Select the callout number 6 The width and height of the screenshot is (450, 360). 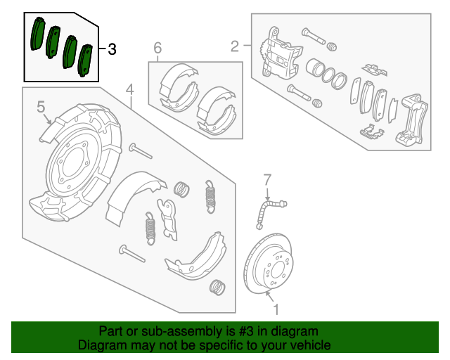[157, 48]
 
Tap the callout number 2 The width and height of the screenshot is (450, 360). [234, 46]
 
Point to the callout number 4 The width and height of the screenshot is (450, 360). [130, 89]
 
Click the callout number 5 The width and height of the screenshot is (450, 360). [41, 107]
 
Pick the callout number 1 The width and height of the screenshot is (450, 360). [276, 308]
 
